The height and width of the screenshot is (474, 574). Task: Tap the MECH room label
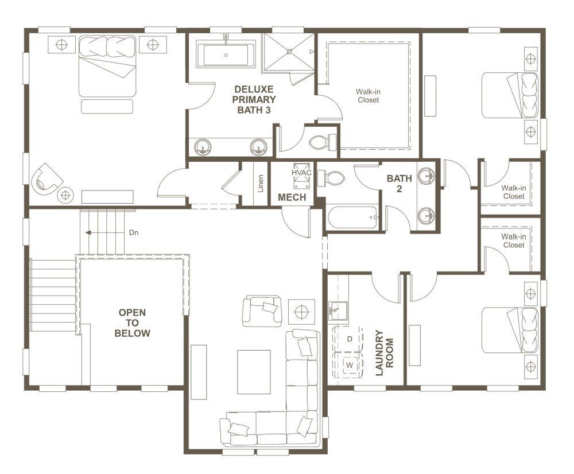point(292,197)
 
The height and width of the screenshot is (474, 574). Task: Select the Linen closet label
point(261,183)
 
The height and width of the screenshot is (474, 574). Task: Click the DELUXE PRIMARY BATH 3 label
point(254,99)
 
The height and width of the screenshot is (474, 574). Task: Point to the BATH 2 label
point(399,183)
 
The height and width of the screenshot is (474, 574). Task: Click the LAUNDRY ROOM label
point(383,352)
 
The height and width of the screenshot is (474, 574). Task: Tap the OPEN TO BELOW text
point(132,323)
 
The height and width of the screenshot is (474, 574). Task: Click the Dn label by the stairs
point(134,233)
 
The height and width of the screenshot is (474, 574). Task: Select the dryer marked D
point(349,339)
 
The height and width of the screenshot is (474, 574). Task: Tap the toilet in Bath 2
point(332,178)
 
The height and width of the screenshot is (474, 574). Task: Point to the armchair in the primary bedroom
point(47,178)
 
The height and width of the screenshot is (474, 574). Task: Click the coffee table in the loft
point(254,371)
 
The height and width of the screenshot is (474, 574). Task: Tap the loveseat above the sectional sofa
point(262,309)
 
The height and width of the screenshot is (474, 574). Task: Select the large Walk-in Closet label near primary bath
point(368,96)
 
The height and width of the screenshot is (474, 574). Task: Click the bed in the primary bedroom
point(107,65)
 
